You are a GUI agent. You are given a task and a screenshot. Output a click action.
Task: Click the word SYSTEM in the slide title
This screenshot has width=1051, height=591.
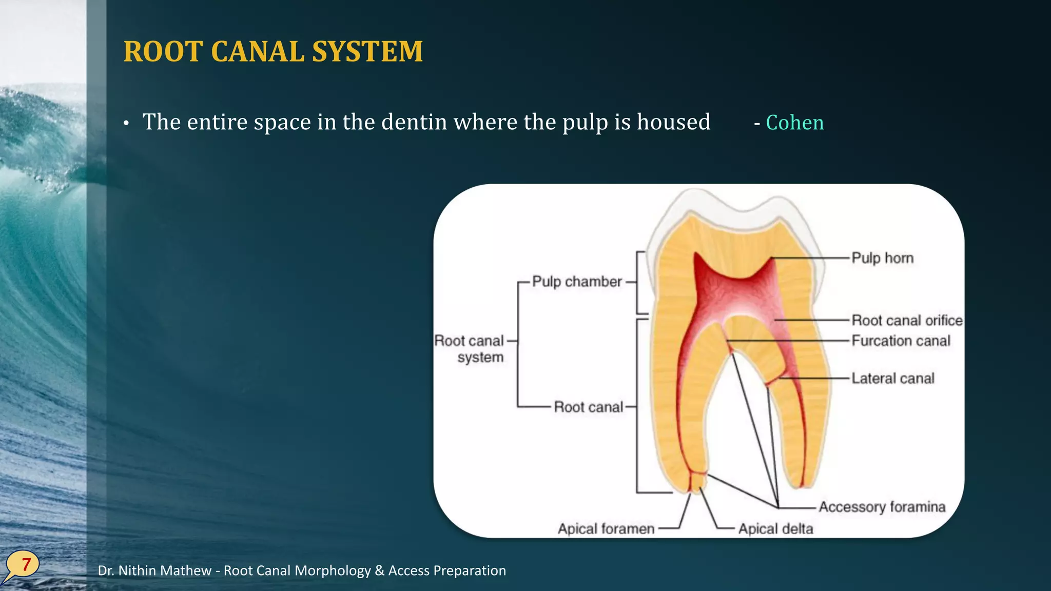click(367, 51)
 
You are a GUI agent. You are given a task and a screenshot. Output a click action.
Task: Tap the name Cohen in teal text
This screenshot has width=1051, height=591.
click(794, 123)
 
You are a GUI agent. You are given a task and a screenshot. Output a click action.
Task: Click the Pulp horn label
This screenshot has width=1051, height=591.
click(882, 258)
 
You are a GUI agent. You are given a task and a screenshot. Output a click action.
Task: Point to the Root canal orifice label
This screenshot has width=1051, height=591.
click(907, 320)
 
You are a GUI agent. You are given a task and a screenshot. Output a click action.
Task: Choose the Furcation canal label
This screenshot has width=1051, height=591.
click(901, 341)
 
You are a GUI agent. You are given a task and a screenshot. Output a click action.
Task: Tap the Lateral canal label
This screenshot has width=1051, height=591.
click(892, 378)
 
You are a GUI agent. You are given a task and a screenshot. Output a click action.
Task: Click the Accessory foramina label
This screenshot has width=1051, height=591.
click(882, 507)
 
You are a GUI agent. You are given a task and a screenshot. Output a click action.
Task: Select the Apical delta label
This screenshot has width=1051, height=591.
click(775, 528)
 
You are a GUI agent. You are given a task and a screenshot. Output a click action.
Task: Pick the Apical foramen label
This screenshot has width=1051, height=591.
click(606, 528)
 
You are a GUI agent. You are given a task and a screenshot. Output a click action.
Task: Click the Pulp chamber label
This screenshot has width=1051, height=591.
click(577, 282)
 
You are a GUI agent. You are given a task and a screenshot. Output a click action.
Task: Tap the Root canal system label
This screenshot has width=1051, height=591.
click(470, 349)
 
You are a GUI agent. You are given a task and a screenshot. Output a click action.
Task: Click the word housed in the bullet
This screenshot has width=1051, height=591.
click(673, 122)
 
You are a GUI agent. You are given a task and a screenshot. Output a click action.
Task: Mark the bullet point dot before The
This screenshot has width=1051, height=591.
click(126, 124)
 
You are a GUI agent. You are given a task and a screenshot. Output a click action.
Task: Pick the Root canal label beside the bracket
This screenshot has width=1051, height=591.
click(588, 407)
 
